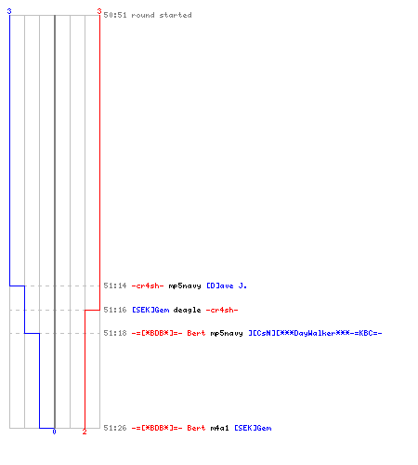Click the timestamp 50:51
[115, 15]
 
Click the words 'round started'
[162, 15]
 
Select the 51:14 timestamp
[115, 286]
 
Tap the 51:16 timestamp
[115, 310]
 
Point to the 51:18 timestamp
[115, 333]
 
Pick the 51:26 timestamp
[115, 428]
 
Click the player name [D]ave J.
[227, 286]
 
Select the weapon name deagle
[187, 311]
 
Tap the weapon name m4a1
[219, 428]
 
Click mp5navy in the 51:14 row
[185, 286]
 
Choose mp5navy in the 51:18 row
[227, 334]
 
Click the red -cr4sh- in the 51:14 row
[148, 286]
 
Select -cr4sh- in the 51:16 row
[222, 310]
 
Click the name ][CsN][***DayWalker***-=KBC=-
[315, 333]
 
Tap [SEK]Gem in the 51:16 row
[150, 310]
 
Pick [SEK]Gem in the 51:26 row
[253, 428]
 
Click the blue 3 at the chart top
[9, 11]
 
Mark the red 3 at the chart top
[99, 11]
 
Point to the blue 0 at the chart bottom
[54, 432]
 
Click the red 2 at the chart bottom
[85, 432]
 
